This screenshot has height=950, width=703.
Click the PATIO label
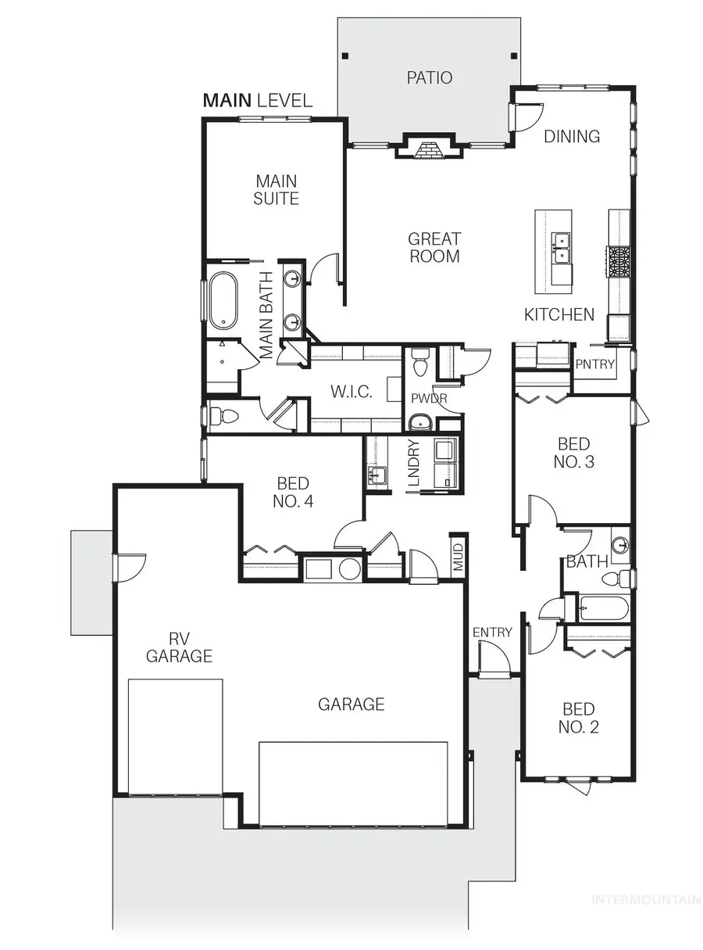(429, 77)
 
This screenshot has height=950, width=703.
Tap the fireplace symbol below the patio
(426, 149)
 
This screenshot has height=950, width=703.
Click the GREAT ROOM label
(434, 247)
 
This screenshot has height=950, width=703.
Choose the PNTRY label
(595, 364)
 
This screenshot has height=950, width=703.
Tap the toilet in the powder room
(420, 364)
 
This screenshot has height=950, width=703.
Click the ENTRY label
(492, 632)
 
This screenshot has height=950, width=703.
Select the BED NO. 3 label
(574, 453)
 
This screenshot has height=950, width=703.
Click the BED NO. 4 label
(293, 493)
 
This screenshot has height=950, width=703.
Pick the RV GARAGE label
(179, 647)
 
